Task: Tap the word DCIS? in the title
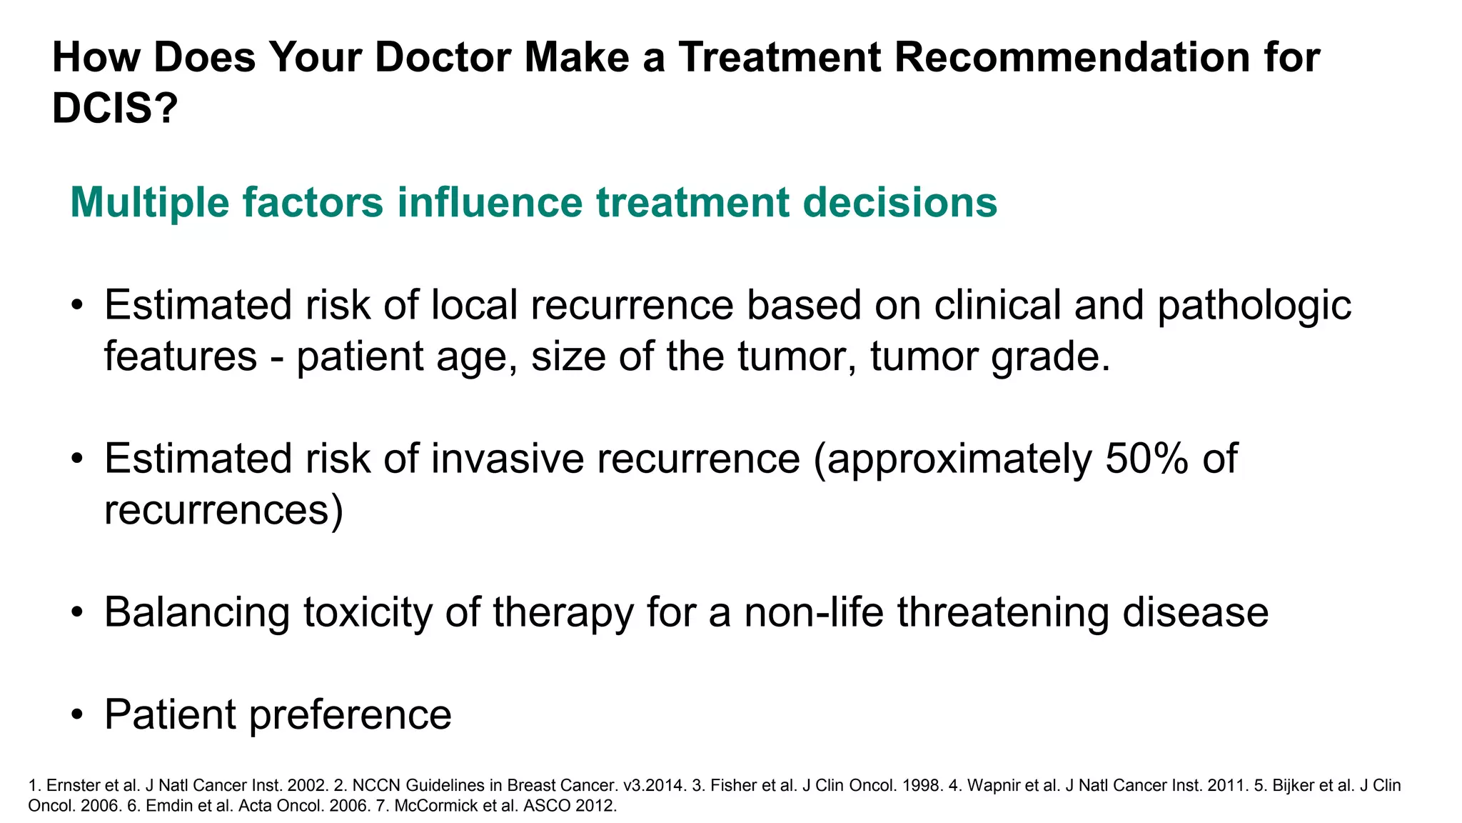coord(114,109)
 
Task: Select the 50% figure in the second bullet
coord(1146,458)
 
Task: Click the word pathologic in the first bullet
coord(1254,306)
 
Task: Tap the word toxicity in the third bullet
coord(368,612)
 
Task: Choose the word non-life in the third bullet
coord(814,612)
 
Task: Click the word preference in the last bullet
coord(350,714)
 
